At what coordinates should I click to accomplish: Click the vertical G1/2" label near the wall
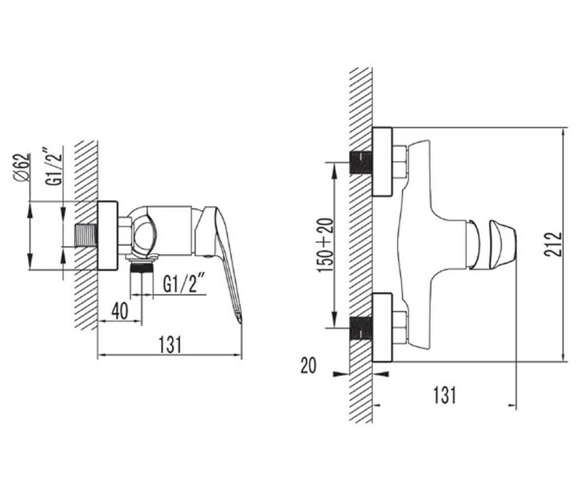(x=53, y=166)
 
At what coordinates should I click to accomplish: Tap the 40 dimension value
(x=119, y=311)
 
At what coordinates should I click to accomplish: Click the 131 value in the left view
(x=170, y=345)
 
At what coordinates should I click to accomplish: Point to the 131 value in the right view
(x=445, y=396)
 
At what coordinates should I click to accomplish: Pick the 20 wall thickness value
(x=308, y=366)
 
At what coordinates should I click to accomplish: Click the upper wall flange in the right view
(x=382, y=162)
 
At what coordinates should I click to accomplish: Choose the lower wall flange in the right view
(x=382, y=328)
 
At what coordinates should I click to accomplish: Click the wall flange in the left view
(x=108, y=236)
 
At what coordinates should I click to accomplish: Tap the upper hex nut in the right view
(x=400, y=162)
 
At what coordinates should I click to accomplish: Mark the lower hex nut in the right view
(x=400, y=328)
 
